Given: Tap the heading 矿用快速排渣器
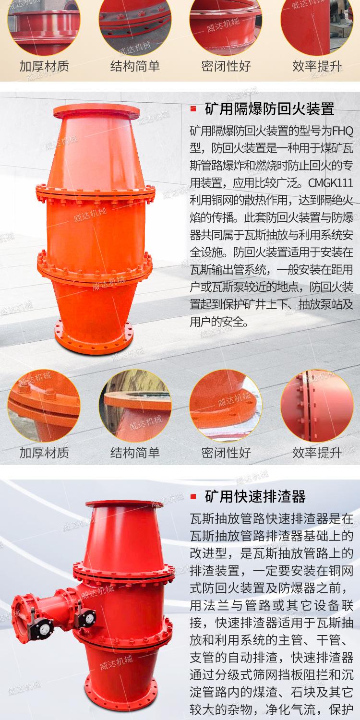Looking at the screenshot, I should pyautogui.click(x=255, y=495).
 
